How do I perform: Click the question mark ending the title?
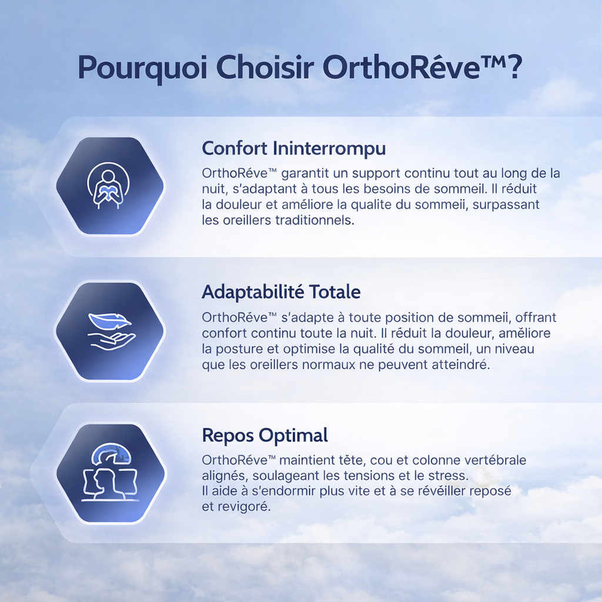(x=513, y=68)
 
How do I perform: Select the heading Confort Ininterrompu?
(x=293, y=148)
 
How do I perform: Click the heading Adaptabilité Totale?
(x=281, y=292)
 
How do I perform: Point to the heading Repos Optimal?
(x=265, y=436)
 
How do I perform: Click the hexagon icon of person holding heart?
(x=110, y=186)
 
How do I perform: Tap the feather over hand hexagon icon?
(x=110, y=331)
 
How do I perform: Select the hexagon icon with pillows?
(x=110, y=473)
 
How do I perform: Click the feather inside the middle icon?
(x=109, y=322)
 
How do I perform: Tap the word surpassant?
(x=506, y=205)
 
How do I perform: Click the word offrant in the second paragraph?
(x=536, y=318)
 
